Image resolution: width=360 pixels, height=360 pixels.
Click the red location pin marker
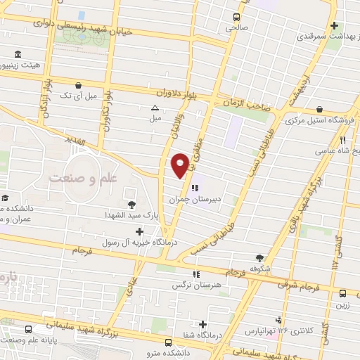point(180,165)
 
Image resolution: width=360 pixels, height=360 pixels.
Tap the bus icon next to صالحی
point(236,17)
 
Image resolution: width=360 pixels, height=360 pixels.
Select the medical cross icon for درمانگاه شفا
point(202,324)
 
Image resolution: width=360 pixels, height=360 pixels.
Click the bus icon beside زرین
point(342,294)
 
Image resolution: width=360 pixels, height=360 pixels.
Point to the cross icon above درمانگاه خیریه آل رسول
point(139,231)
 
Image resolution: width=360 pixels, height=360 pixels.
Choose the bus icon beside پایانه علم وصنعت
point(28,329)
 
